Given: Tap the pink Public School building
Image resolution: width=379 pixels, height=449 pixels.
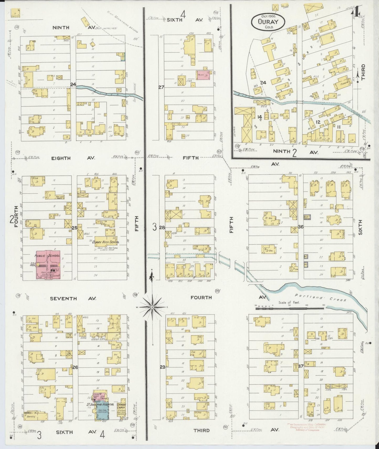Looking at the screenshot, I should pyautogui.click(x=48, y=265).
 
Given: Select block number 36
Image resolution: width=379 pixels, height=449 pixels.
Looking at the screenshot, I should pyautogui.click(x=301, y=227).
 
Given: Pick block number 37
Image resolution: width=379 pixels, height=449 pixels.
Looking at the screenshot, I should pyautogui.click(x=301, y=366).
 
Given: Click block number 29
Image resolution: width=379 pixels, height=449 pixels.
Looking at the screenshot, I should pyautogui.click(x=163, y=367).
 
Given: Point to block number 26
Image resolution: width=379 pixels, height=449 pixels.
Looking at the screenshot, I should pyautogui.click(x=75, y=368).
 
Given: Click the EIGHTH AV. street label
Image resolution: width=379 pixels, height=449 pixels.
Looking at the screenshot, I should pyautogui.click(x=61, y=158).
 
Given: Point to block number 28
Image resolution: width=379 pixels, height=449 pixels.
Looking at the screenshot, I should pyautogui.click(x=162, y=227).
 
